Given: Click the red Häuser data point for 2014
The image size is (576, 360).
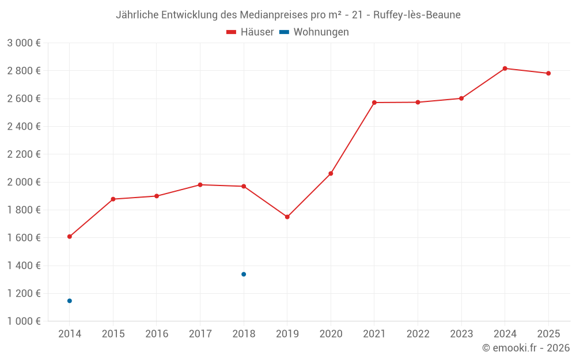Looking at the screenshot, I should (x=70, y=237).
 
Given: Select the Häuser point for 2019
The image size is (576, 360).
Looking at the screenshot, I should (x=287, y=217).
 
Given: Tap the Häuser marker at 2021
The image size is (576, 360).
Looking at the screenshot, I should (x=374, y=103).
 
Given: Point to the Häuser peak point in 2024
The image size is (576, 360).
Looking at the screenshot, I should (x=505, y=69).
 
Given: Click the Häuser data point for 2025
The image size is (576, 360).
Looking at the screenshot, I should (x=548, y=73).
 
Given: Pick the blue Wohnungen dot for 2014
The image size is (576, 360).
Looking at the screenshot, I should (x=70, y=301).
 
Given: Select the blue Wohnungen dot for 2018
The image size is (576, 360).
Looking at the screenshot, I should (x=244, y=274).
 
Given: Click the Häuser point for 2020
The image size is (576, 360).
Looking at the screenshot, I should (x=331, y=173).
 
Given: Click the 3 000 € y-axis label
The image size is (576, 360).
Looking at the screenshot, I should (x=24, y=43).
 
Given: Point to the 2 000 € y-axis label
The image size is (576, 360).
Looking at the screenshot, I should (x=24, y=182).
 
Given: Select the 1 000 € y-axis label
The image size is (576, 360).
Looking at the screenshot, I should (x=24, y=321).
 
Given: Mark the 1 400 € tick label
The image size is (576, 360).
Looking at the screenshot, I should (x=24, y=266).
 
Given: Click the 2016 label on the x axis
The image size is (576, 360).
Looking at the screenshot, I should (x=157, y=334).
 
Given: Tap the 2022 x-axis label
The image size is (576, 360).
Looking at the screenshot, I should (x=418, y=334).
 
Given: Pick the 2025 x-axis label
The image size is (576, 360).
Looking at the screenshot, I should (x=548, y=334).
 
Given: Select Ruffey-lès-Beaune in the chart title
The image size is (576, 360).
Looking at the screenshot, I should (x=416, y=15).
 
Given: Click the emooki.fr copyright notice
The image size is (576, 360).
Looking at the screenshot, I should (x=525, y=348).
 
